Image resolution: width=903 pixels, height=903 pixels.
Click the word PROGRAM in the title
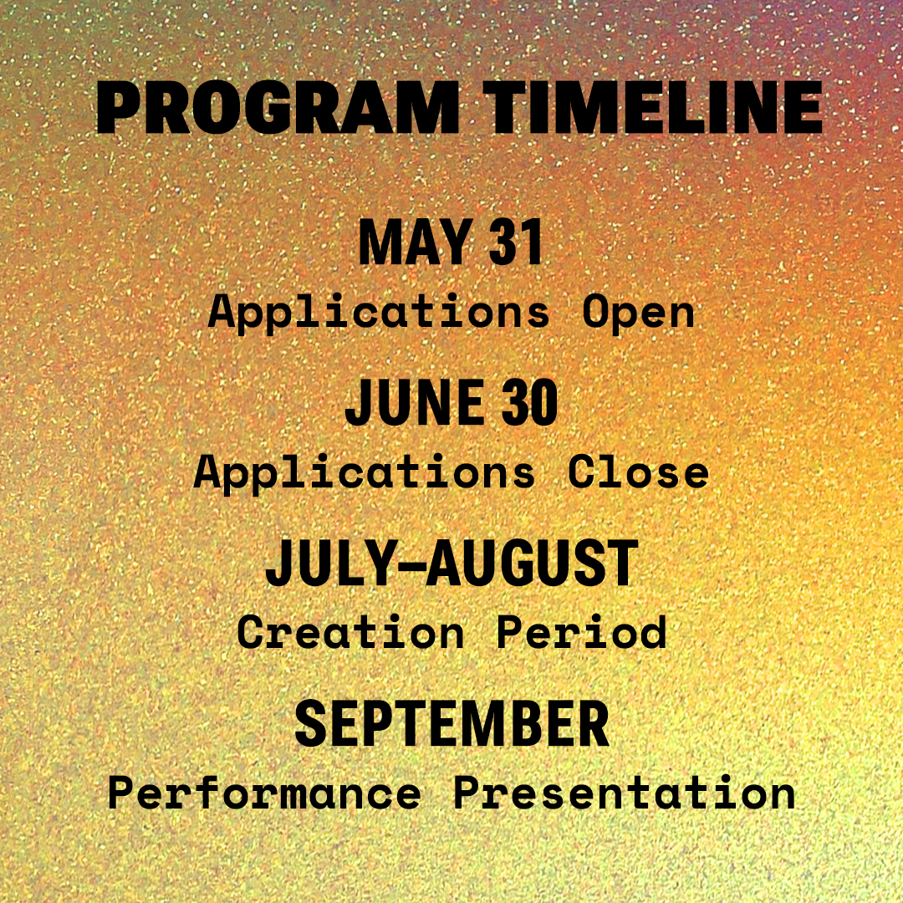click(x=278, y=108)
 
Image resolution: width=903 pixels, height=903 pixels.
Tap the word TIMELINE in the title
click(x=653, y=108)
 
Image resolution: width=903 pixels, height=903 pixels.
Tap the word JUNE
click(x=415, y=402)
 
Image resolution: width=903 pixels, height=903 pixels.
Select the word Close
click(x=639, y=472)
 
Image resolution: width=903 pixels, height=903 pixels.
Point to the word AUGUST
click(x=532, y=563)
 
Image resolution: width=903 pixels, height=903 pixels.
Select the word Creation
click(x=350, y=632)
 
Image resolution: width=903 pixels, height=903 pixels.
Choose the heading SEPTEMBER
click(x=452, y=723)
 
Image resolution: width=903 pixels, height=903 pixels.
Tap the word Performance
click(x=265, y=793)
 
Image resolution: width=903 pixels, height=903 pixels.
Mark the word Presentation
click(x=625, y=793)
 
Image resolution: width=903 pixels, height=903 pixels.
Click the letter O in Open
click(x=596, y=312)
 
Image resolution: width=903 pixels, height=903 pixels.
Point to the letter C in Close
click(x=582, y=472)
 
